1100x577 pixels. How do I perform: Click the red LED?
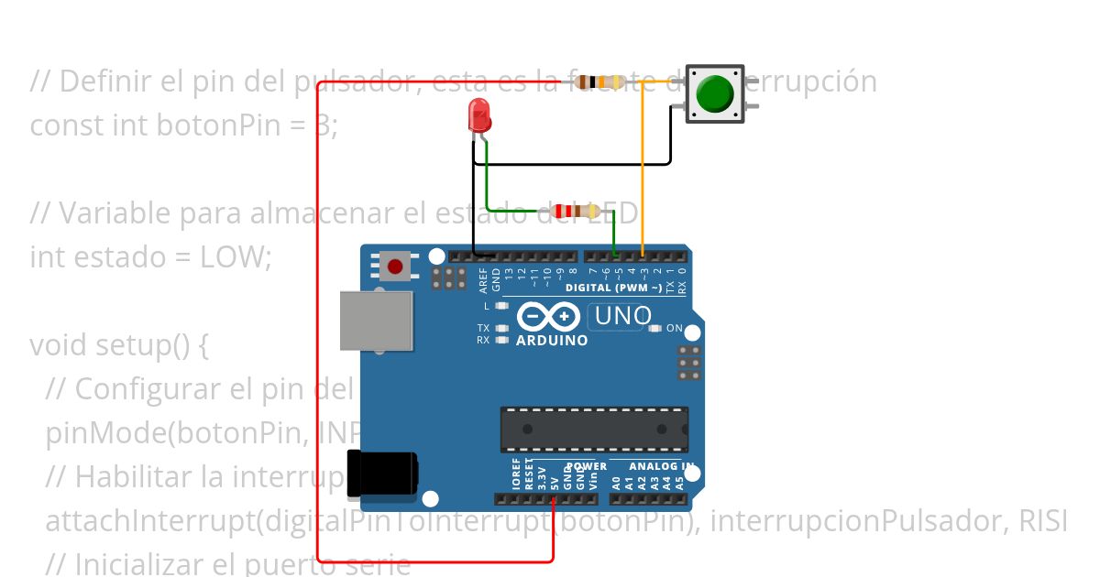tap(479, 115)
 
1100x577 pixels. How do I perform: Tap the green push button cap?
tap(715, 93)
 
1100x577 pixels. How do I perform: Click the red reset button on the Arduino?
tap(394, 267)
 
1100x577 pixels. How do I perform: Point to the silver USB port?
tap(376, 321)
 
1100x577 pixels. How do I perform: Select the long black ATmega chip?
tap(593, 429)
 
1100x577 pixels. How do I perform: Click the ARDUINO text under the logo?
tap(552, 340)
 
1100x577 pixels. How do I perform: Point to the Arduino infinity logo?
tap(548, 317)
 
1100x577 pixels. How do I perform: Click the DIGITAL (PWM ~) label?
tap(613, 288)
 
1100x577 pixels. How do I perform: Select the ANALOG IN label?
tap(660, 466)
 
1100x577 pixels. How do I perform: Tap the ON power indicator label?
tap(674, 328)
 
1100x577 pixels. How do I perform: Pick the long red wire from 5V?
tap(317, 321)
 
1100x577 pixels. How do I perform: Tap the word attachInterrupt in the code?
tap(149, 520)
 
